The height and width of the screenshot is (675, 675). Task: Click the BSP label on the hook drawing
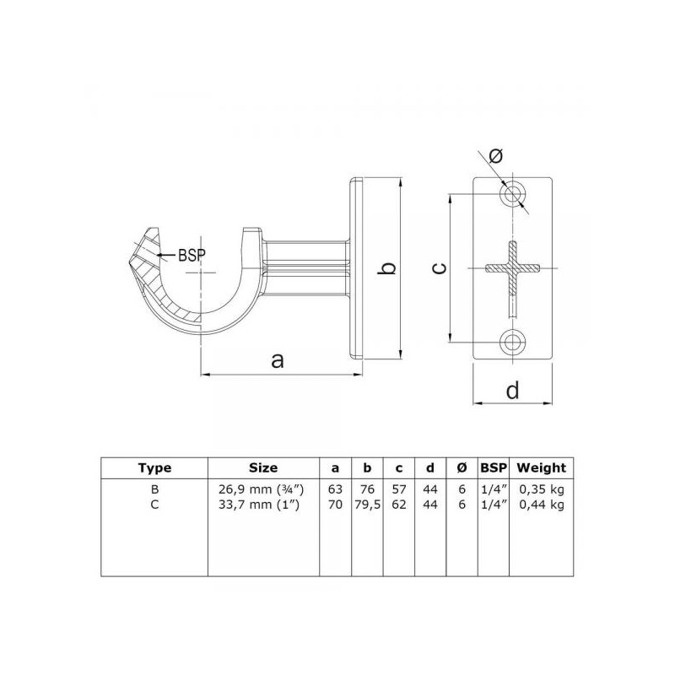(192, 256)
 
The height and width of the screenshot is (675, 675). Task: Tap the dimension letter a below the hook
(278, 360)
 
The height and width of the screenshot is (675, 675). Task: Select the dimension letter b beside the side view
(388, 267)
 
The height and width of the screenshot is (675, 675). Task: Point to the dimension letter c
(439, 268)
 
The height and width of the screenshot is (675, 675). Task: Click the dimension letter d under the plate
(512, 390)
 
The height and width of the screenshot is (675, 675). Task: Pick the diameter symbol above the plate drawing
(495, 155)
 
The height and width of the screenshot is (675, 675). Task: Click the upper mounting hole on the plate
(512, 194)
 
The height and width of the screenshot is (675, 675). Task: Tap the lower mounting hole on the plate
(512, 343)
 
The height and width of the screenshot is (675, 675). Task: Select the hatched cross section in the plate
(512, 268)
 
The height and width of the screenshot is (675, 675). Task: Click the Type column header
(154, 468)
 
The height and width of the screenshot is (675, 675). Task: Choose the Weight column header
(541, 468)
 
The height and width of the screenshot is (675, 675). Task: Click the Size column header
(263, 467)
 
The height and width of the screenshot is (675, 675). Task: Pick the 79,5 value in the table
(367, 505)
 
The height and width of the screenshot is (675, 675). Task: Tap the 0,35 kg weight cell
(541, 489)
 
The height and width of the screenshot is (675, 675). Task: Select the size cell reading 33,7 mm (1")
(259, 505)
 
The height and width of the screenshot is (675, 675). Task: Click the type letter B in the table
(155, 489)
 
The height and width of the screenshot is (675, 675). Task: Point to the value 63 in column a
(335, 489)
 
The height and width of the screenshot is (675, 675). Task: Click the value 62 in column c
(399, 505)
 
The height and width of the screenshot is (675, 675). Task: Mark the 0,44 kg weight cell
(541, 505)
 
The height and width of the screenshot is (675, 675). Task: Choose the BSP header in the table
(494, 468)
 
